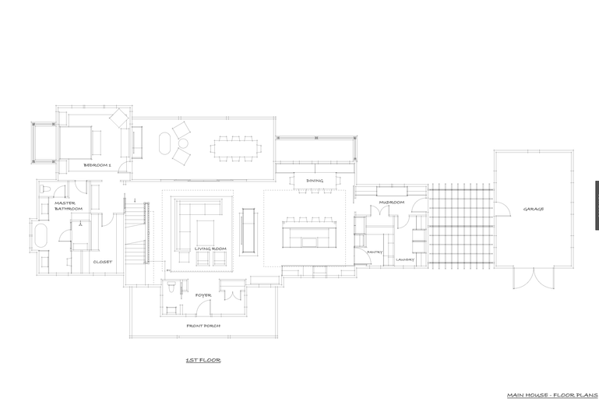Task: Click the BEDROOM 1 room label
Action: point(97,165)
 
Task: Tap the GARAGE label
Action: point(534,209)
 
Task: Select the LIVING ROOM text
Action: point(210,249)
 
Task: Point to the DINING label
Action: point(315,181)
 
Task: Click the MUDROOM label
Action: point(392,202)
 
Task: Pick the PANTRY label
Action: point(375,252)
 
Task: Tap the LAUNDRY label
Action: point(405,259)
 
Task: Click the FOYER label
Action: point(203,295)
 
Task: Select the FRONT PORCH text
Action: point(203,326)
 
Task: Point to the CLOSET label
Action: point(103,262)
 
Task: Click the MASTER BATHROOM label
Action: point(69,206)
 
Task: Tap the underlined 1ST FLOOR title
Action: point(203,360)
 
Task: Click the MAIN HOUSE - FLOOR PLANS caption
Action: point(552,395)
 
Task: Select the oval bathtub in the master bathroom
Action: point(41,235)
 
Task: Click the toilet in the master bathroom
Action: point(45,189)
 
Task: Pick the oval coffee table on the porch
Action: point(164,143)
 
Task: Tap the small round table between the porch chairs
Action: point(183,143)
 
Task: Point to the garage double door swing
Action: point(534,278)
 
